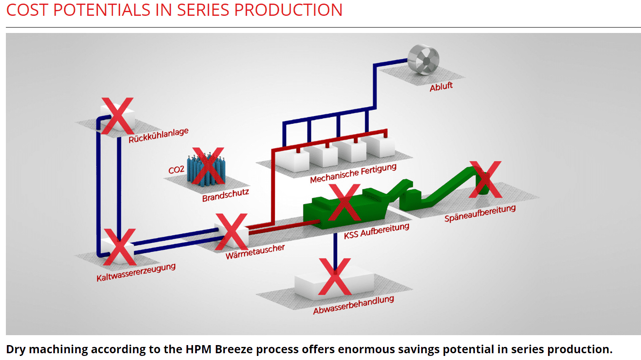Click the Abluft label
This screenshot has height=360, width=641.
point(441,86)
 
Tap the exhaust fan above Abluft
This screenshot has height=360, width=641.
point(423,59)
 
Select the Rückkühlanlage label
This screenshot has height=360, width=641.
point(158,136)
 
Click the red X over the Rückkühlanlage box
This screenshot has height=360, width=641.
point(117,116)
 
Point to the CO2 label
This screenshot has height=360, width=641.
point(176,170)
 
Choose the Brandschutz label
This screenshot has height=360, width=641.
point(226,195)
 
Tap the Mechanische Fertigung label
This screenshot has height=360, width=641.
point(353,173)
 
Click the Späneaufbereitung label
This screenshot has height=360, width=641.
point(480,213)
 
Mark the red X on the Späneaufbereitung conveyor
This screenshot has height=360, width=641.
point(485,180)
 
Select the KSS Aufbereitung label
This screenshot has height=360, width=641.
point(376,231)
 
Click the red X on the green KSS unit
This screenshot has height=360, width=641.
point(344,202)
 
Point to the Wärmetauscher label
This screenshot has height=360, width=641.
point(255,252)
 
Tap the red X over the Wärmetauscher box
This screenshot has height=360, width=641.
point(231,232)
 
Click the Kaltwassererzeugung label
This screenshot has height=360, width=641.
point(136,272)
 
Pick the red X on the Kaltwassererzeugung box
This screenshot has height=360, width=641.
point(120,247)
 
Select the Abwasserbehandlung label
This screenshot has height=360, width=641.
point(353,305)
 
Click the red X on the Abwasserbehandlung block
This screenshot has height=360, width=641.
point(334,276)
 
